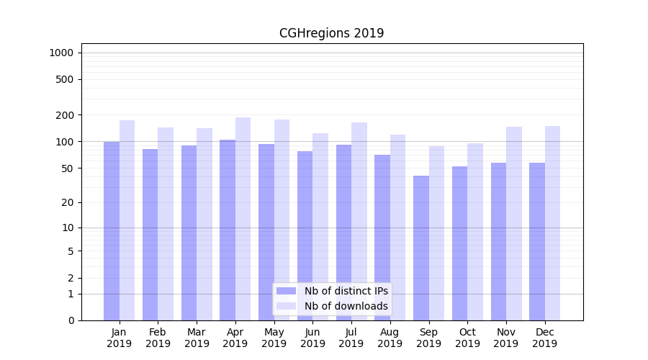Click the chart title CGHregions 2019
[x=331, y=33]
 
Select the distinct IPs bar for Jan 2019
[x=112, y=230]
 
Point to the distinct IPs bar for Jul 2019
[x=343, y=230]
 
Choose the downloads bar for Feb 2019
[x=166, y=223]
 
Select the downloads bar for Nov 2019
[x=514, y=223]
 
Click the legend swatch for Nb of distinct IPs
[x=286, y=291]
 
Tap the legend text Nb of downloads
[x=346, y=306]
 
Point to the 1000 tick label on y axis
[x=61, y=53]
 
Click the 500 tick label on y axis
[x=66, y=79]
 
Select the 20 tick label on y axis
[x=68, y=202]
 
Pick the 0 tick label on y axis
[x=71, y=320]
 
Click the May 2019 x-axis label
[x=274, y=338]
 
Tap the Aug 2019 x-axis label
[x=390, y=338]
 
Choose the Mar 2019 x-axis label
[x=197, y=338]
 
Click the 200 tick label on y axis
[x=66, y=115]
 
